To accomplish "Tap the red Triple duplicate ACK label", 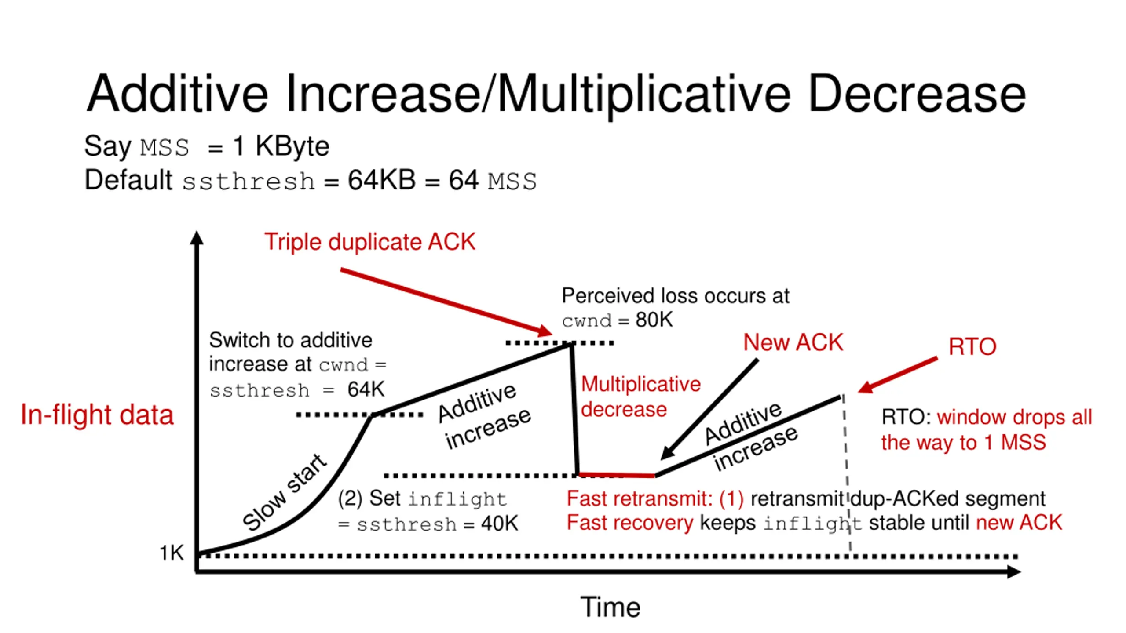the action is point(369,242).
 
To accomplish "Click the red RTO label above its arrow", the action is point(972,346).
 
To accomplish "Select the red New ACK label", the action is point(793,342).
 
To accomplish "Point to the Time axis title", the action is point(610,607).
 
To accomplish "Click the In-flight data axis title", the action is point(97,415).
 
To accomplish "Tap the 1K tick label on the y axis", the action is point(172,553).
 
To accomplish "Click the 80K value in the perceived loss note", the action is point(654,320).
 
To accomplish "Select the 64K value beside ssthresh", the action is point(366,389).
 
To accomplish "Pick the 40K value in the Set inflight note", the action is point(500,524).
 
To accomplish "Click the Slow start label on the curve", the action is point(285,492).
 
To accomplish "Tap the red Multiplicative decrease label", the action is point(640,397).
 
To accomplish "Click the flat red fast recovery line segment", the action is point(616,475).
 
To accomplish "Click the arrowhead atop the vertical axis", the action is point(197,238).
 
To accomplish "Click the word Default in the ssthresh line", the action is point(128,180).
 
